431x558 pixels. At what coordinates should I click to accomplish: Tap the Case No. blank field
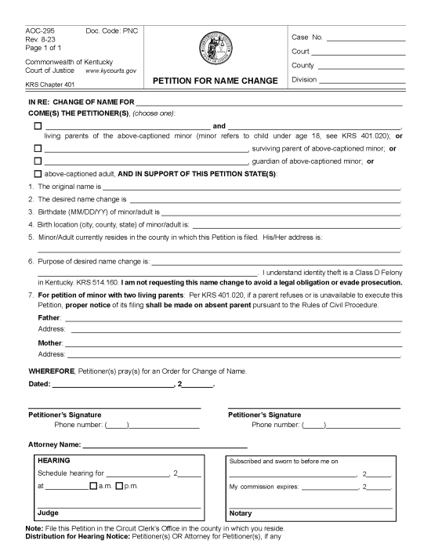pyautogui.click(x=366, y=38)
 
